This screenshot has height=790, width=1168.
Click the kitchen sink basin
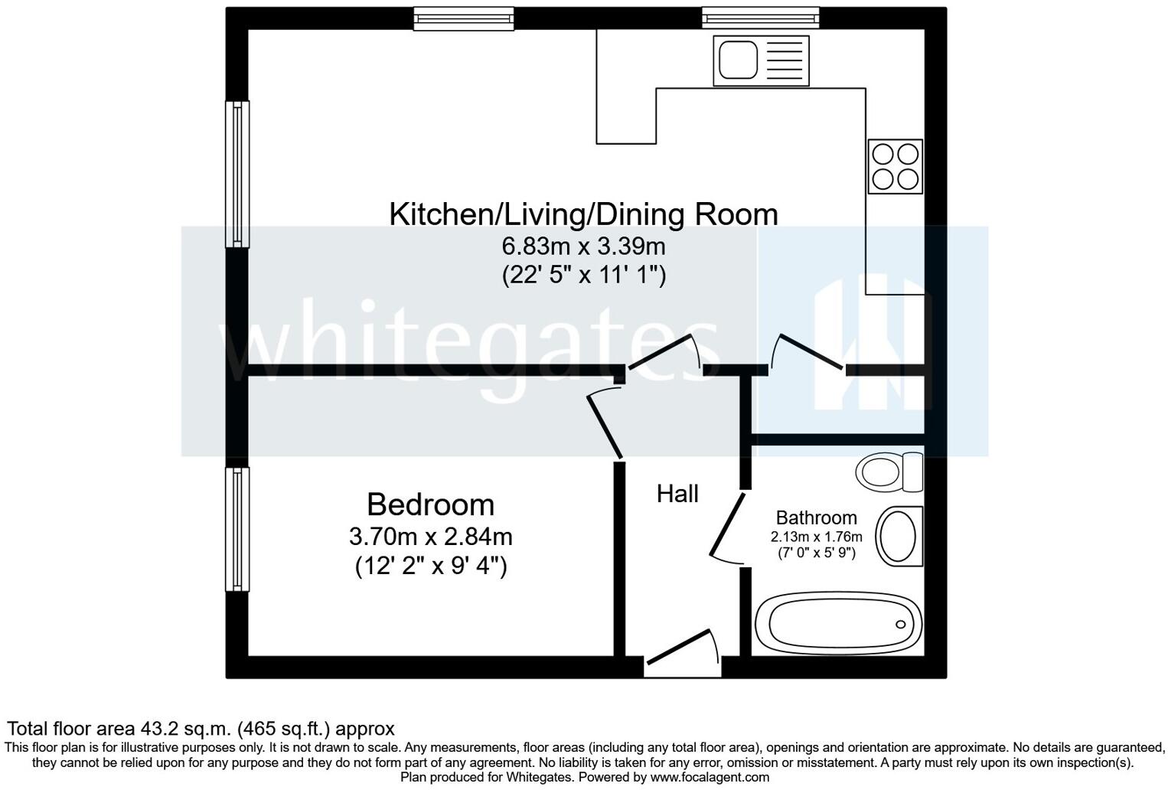(738, 60)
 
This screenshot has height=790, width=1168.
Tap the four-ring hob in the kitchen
(895, 166)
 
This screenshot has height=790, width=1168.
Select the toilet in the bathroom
(889, 472)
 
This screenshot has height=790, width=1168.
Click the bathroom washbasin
(899, 536)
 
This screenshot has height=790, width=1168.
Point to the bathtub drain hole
(901, 624)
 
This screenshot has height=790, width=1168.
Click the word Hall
(677, 494)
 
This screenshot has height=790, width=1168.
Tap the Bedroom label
(431, 504)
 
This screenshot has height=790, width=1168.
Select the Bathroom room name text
(817, 517)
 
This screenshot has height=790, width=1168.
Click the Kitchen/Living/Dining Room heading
(583, 214)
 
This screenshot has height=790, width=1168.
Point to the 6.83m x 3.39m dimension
(583, 246)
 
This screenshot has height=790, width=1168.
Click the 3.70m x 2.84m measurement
(431, 537)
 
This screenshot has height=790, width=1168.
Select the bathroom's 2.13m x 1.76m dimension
(817, 537)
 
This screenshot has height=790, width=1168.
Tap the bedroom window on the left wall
(237, 529)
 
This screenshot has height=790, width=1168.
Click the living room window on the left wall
(237, 175)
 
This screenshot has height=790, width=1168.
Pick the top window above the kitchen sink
(760, 18)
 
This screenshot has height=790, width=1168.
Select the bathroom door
(726, 528)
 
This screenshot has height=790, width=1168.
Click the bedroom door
(604, 425)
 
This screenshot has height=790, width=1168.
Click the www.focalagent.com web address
(710, 778)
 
